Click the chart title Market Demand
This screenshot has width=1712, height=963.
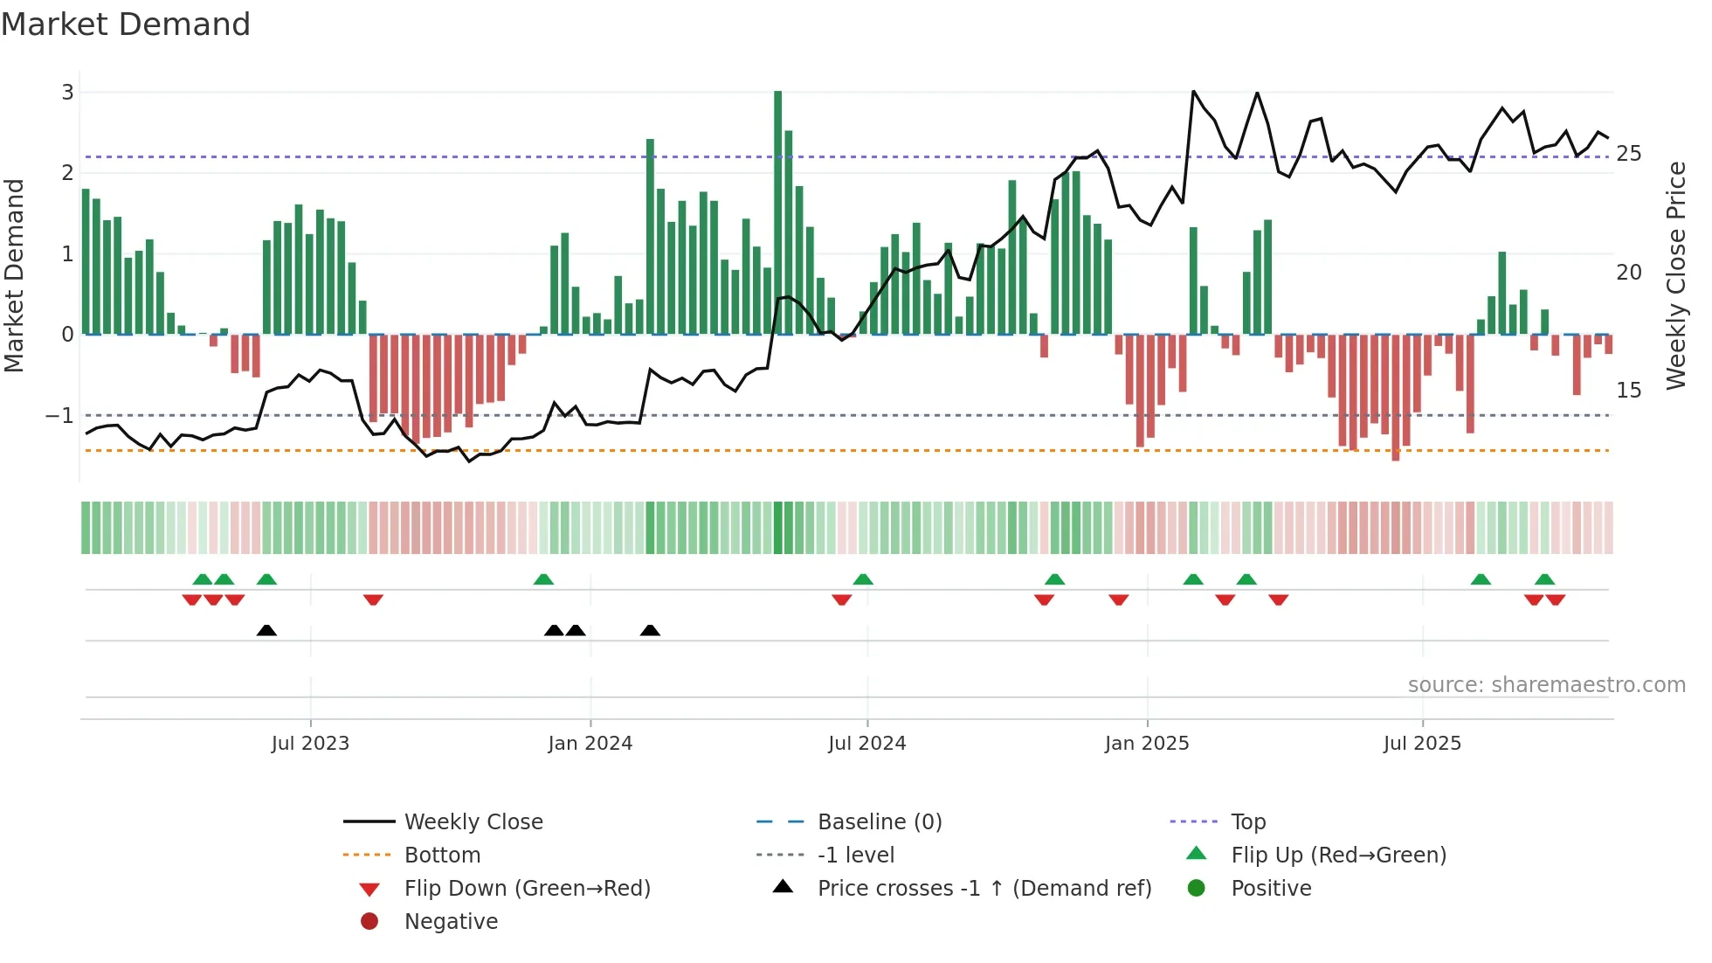(126, 24)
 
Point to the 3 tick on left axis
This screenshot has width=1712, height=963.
(67, 92)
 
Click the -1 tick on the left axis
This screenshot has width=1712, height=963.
(59, 415)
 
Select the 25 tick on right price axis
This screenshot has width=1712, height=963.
(1628, 154)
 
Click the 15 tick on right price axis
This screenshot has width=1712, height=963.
(1628, 390)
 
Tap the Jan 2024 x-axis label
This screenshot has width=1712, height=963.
(590, 744)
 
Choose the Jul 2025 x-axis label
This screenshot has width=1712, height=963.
(1421, 744)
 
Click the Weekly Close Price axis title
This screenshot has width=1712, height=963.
(1675, 275)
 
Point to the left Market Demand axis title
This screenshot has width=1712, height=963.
(14, 275)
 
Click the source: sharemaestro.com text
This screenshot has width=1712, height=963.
(1546, 685)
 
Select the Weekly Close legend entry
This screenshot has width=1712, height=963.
(473, 821)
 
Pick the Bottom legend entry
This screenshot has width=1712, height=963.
(442, 855)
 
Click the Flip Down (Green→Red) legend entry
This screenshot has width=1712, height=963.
(527, 888)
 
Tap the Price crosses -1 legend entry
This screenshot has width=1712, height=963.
(984, 888)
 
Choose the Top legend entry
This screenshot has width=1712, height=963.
(1248, 821)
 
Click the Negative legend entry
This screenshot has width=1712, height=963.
(451, 921)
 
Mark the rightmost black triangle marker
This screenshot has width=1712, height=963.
(650, 631)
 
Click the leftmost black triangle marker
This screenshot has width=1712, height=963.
(266, 631)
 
